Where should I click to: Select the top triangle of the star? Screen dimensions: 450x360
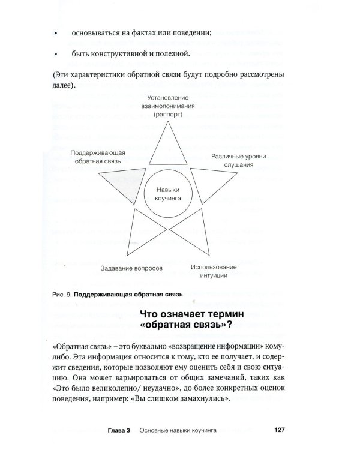(166, 148)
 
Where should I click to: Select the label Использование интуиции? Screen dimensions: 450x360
(215, 271)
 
